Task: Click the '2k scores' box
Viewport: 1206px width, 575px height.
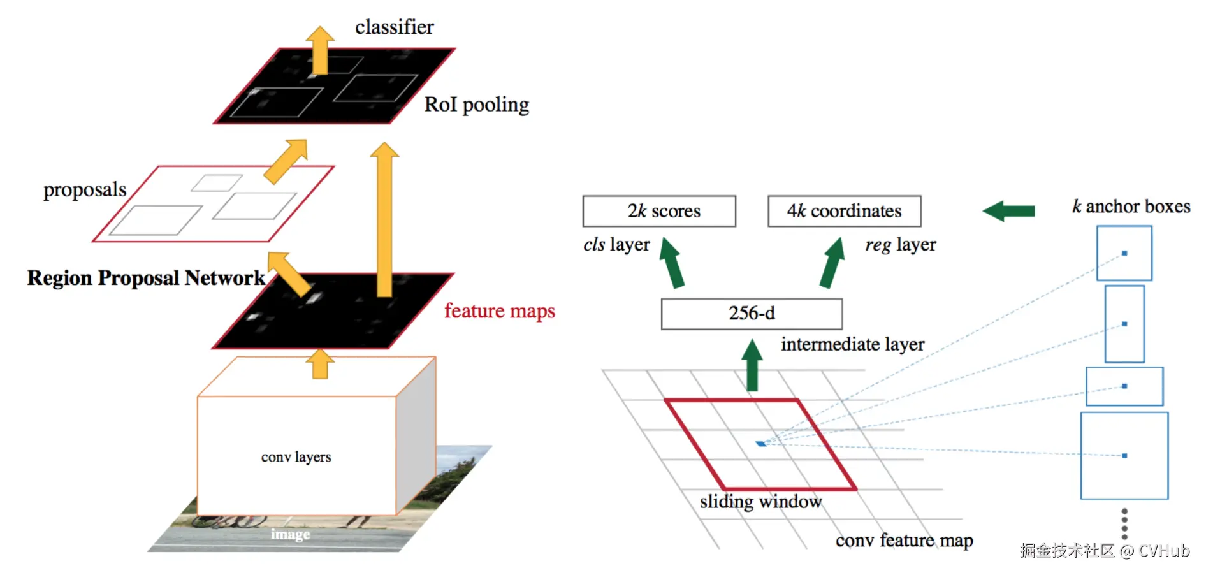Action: [x=659, y=211]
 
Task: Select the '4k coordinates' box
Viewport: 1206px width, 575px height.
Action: [x=845, y=211]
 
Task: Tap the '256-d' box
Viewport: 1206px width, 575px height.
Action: [x=752, y=314]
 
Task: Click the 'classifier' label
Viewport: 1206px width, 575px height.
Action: [x=395, y=27]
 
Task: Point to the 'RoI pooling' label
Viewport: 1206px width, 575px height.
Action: [x=477, y=105]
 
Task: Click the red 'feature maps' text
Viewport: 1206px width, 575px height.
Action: [x=500, y=311]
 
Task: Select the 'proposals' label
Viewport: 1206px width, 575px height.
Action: [x=85, y=190]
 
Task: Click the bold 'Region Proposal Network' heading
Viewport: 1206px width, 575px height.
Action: [x=146, y=278]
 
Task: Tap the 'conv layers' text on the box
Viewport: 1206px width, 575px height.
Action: [x=296, y=457]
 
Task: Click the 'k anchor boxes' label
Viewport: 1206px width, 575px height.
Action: [x=1131, y=207]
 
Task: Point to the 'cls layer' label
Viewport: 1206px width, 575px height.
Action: [x=617, y=245]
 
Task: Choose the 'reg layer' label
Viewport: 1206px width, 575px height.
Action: [x=901, y=245]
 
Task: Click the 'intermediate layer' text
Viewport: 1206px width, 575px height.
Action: [x=853, y=344]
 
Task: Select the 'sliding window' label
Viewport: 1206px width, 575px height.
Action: [x=761, y=502]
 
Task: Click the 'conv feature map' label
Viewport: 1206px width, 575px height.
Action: [x=904, y=541]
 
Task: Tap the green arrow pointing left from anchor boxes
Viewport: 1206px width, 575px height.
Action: [x=1008, y=211]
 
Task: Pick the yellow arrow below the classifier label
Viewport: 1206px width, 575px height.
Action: [x=319, y=50]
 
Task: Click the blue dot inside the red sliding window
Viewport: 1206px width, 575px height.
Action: [x=761, y=444]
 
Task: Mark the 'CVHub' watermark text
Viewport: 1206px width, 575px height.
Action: [x=1165, y=551]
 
